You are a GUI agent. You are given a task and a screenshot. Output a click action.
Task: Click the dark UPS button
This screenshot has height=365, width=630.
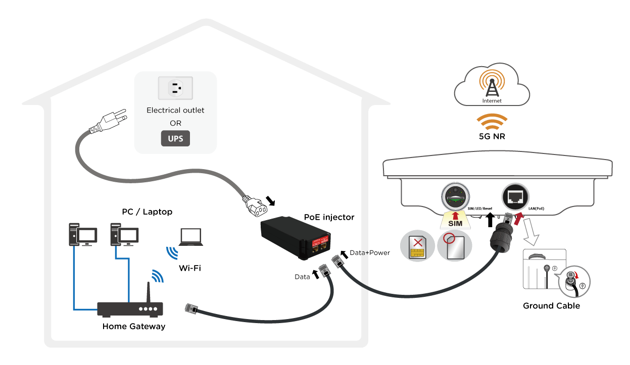coord(175,139)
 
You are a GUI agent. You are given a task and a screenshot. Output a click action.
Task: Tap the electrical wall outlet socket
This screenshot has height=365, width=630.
coord(175,89)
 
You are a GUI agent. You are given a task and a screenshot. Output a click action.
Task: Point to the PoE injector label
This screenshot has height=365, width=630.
coord(329,217)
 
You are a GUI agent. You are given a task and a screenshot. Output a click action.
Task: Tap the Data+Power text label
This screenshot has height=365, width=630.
coord(370,252)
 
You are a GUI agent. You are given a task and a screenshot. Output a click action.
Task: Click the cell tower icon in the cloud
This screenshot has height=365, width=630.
coord(492,85)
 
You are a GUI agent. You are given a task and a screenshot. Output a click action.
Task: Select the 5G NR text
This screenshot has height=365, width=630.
coord(492,136)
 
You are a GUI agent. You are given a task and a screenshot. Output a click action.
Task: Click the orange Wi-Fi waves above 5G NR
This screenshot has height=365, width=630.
coord(492,122)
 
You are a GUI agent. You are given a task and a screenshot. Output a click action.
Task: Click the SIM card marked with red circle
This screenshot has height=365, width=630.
coord(454,246)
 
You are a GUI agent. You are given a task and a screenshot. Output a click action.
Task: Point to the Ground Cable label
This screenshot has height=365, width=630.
coord(551,306)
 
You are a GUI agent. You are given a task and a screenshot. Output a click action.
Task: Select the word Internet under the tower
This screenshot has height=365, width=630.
coord(492,100)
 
